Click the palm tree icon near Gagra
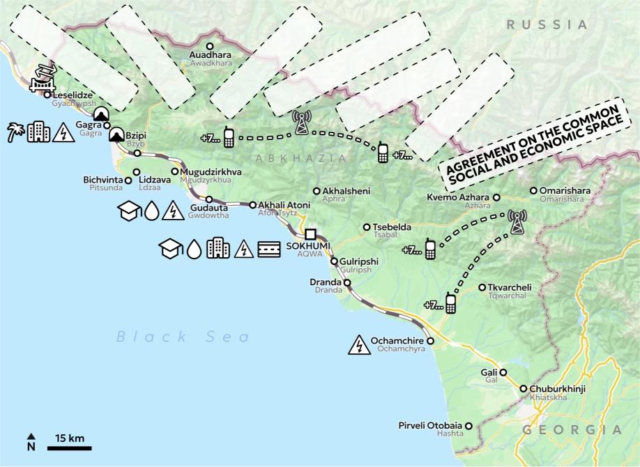point(16,132)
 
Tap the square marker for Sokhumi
point(310,234)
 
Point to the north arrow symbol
point(31,442)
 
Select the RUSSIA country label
point(547,25)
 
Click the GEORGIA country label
point(572,430)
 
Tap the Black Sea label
point(183,337)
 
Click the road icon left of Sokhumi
point(269,249)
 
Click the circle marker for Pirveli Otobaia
point(468,425)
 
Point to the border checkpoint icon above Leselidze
point(43,79)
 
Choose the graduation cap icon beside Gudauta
point(130,212)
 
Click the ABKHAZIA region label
point(300,159)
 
